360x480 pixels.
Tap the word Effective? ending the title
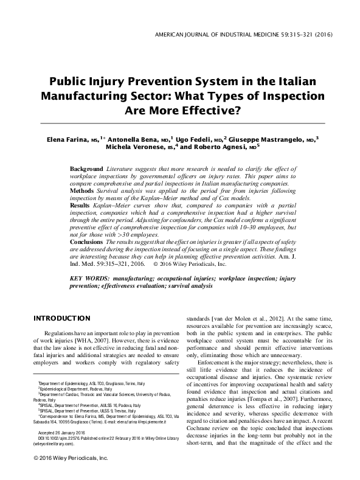[x=209, y=111]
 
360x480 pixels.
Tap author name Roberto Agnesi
[x=226, y=147]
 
